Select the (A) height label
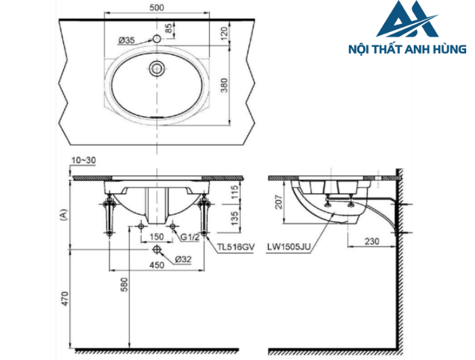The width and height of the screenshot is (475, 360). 62,215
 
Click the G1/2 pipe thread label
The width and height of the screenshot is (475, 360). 191,236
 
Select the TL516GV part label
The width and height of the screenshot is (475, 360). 235,249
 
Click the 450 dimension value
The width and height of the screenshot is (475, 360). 157,266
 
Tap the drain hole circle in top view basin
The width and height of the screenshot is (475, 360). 157,67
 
